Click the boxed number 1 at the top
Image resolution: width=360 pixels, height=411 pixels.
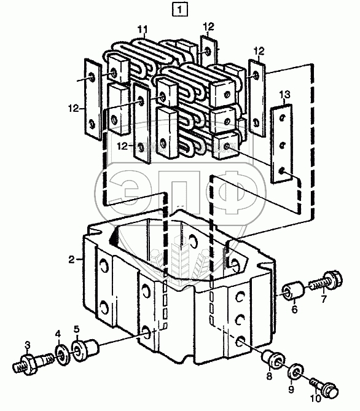tap(179, 10)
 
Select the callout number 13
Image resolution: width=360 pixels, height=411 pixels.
tap(285, 95)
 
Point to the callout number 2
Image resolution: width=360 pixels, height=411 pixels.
tap(72, 260)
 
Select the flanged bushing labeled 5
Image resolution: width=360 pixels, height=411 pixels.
tap(84, 351)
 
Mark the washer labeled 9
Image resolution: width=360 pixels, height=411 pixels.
tap(295, 372)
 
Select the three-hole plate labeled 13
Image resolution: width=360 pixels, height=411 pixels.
tap(281, 144)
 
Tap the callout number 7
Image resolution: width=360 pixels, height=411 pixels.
tap(324, 299)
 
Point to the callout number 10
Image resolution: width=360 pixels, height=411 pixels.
tap(315, 399)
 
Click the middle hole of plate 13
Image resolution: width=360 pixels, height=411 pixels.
tap(282, 145)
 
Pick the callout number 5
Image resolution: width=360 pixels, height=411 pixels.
tap(76, 329)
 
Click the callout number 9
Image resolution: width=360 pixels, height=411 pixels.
tap(291, 389)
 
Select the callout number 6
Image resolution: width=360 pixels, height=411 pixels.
tap(295, 309)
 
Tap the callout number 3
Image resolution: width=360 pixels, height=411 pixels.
tap(28, 345)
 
